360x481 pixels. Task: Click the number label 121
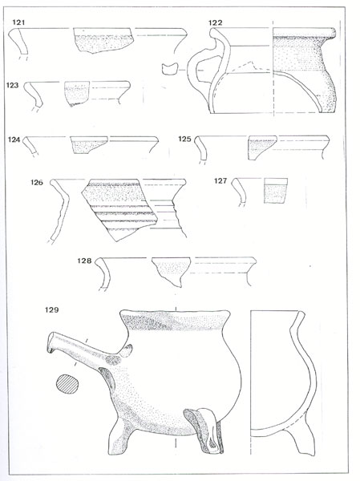pos(18,22)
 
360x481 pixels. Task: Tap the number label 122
pos(215,22)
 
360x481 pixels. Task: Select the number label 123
pos(13,85)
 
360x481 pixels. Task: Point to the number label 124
pos(14,139)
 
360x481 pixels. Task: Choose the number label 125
pos(184,139)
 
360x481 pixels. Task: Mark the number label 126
pos(37,183)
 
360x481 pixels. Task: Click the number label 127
pos(220,181)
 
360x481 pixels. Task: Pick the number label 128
pos(84,261)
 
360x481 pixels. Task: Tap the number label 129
pos(51,309)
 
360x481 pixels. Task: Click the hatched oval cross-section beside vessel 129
pos(67,384)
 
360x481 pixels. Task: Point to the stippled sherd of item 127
pos(276,191)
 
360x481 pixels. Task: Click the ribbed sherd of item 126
pos(119,208)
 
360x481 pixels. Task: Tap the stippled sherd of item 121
pos(103,41)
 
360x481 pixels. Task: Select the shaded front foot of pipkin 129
pos(204,430)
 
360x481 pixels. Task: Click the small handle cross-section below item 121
pos(170,69)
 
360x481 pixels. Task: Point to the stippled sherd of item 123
pos(77,93)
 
